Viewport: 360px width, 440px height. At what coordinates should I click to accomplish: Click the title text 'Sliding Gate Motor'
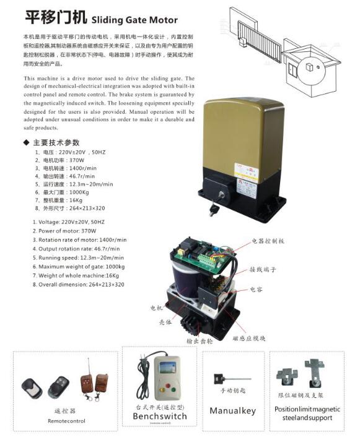(134, 20)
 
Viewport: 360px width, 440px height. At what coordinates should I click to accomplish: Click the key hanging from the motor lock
(214, 210)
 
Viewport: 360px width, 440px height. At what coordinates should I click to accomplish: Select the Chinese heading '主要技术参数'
(59, 142)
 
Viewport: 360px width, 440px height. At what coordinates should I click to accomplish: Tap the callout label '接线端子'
(263, 270)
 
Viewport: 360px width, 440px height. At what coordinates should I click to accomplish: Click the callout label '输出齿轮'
(199, 340)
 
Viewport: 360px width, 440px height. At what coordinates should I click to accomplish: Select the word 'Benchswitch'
(159, 416)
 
